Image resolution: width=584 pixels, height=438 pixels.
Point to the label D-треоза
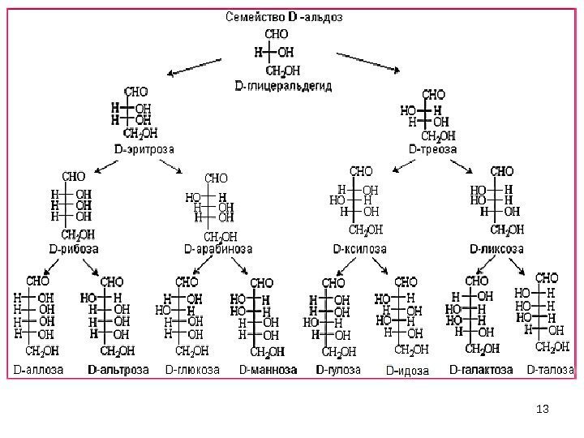pyautogui.click(x=433, y=149)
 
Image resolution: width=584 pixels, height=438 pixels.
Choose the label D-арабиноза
pyautogui.click(x=218, y=248)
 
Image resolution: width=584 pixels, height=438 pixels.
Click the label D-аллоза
pyautogui.click(x=36, y=369)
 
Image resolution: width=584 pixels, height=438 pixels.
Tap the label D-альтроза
pyautogui.click(x=118, y=369)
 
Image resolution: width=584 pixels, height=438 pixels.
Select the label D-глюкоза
pyautogui.click(x=192, y=369)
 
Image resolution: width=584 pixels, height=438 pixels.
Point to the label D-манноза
pyautogui.click(x=268, y=369)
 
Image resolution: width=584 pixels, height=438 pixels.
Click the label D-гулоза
pyautogui.click(x=337, y=369)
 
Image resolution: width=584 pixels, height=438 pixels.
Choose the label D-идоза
pyautogui.click(x=407, y=371)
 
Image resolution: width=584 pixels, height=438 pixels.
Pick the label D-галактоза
pyautogui.click(x=481, y=369)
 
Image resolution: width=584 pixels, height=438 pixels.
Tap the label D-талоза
pyautogui.click(x=552, y=369)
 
